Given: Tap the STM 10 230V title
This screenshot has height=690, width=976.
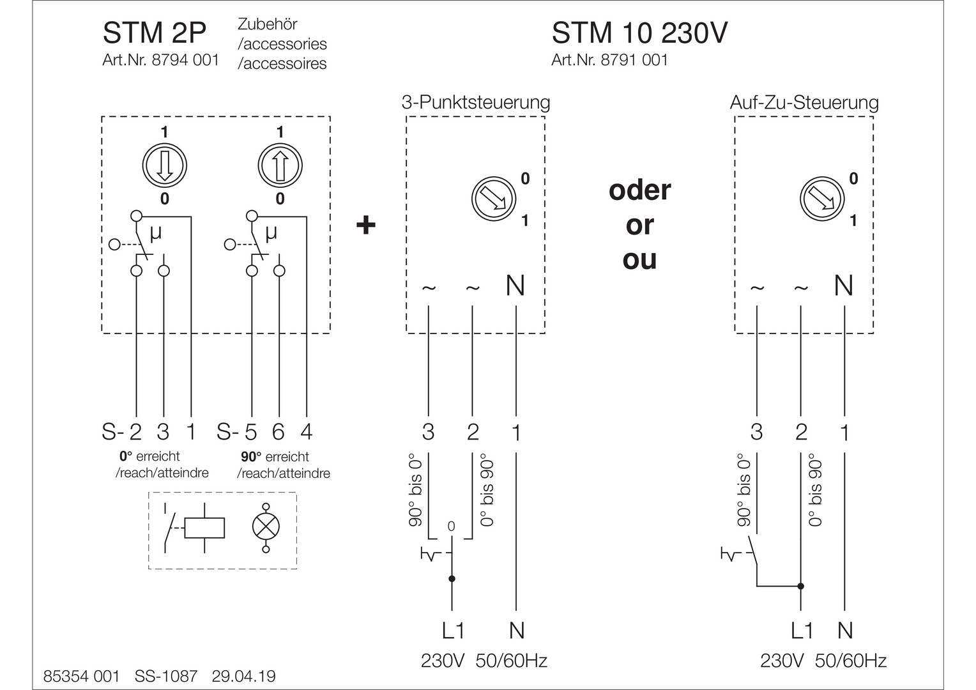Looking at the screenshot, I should pyautogui.click(x=639, y=34).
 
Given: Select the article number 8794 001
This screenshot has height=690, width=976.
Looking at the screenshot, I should pyautogui.click(x=185, y=60).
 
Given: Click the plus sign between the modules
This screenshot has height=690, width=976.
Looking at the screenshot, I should pyautogui.click(x=365, y=225).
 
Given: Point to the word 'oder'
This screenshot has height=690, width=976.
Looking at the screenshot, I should pyautogui.click(x=639, y=190).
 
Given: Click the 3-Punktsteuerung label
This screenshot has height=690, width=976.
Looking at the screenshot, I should pyautogui.click(x=475, y=102).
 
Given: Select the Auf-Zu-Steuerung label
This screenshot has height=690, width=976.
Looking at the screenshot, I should pyautogui.click(x=804, y=102).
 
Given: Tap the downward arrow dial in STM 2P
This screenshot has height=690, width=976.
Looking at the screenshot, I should pyautogui.click(x=164, y=165).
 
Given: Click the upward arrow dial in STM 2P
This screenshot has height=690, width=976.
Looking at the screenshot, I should pyautogui.click(x=280, y=165).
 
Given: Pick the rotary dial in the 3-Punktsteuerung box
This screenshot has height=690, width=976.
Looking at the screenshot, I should pyautogui.click(x=493, y=198).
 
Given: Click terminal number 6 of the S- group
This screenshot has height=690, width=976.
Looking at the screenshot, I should pyautogui.click(x=278, y=433).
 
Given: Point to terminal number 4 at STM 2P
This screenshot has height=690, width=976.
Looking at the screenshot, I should pyautogui.click(x=307, y=433).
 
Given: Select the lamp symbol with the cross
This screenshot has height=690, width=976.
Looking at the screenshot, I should pyautogui.click(x=266, y=527).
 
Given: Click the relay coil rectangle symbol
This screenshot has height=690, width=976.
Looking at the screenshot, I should pyautogui.click(x=204, y=528).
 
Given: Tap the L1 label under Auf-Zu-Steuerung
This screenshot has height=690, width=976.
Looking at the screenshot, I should pyautogui.click(x=802, y=631).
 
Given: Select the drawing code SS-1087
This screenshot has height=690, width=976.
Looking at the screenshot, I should pyautogui.click(x=166, y=676).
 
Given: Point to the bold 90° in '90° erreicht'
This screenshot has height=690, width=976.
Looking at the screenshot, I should pyautogui.click(x=251, y=457).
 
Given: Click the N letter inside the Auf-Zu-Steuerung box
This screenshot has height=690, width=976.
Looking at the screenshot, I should pyautogui.click(x=844, y=286).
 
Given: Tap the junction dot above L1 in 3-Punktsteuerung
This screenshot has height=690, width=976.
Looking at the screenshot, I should pyautogui.click(x=452, y=579).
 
